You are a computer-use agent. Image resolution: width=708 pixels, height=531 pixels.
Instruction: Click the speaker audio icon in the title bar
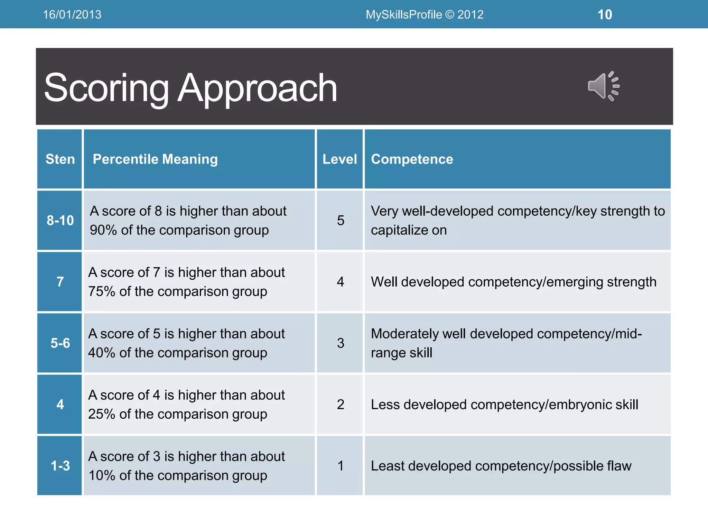coord(603,86)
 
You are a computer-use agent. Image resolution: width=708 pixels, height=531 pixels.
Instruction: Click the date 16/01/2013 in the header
coord(72,15)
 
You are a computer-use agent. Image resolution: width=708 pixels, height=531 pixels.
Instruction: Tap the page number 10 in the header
coord(605,15)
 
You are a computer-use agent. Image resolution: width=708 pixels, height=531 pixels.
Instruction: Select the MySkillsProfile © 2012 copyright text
coord(425,15)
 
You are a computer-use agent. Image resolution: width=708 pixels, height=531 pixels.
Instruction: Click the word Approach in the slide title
coord(257,88)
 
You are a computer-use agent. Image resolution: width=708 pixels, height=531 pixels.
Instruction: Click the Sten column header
coord(60,159)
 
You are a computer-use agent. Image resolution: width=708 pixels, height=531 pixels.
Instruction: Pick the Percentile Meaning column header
coord(155,159)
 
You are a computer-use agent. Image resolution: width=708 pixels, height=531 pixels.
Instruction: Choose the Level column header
coord(339,159)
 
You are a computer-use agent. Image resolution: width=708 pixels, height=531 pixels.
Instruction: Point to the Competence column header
coord(412,159)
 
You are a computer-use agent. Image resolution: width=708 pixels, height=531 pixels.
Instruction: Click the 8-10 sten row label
coord(60,221)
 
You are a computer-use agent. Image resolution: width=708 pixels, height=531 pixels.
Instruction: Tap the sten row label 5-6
coord(60,343)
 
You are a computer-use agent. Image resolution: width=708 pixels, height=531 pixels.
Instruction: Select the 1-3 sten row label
coord(60,466)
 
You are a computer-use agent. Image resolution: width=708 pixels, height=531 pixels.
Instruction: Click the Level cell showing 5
coord(341,221)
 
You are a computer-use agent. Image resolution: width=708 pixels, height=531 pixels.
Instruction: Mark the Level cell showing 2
coord(341,404)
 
